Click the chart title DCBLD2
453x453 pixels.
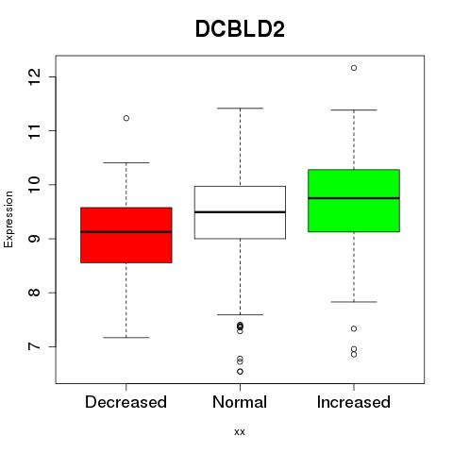pos(240,29)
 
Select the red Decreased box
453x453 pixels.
pos(126,235)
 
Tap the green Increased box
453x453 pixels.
pos(354,201)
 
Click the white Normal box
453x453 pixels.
pos(240,212)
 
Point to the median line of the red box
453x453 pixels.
pos(126,232)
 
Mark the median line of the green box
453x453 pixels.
pos(354,198)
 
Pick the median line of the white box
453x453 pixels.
pos(240,212)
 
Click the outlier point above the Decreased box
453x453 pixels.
pos(126,118)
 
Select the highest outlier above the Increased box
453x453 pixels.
pos(354,68)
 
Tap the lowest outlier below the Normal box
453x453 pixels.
pos(240,372)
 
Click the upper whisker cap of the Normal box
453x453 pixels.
pos(240,109)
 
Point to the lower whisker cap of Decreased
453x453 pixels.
pos(126,338)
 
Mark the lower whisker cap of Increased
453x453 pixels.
pos(354,302)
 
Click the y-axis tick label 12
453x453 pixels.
pos(34,76)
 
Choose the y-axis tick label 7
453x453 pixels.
pos(34,346)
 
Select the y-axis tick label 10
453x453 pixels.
pos(34,184)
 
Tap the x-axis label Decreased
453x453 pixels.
pos(126,402)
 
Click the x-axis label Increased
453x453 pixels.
pos(354,402)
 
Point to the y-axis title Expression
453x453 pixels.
pos(8,219)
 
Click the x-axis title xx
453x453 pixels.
pos(240,432)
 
